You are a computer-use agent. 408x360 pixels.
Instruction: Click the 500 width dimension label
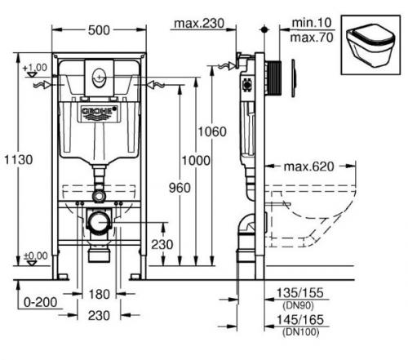pyautogui.click(x=99, y=30)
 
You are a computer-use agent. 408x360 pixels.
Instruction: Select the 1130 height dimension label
pyautogui.click(x=19, y=159)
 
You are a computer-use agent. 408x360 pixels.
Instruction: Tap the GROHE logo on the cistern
pyautogui.click(x=99, y=113)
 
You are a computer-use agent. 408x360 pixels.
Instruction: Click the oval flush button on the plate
pyautogui.click(x=99, y=78)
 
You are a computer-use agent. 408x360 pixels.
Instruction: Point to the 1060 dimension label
pyautogui.click(x=212, y=131)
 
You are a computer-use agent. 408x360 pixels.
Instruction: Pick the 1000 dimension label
pyautogui.click(x=196, y=161)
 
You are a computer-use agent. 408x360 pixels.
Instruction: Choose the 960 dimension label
pyautogui.click(x=180, y=188)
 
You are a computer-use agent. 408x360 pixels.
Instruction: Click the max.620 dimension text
pyautogui.click(x=308, y=167)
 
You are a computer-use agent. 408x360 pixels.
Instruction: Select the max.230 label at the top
pyautogui.click(x=199, y=24)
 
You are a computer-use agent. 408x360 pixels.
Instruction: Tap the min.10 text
pyautogui.click(x=312, y=23)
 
